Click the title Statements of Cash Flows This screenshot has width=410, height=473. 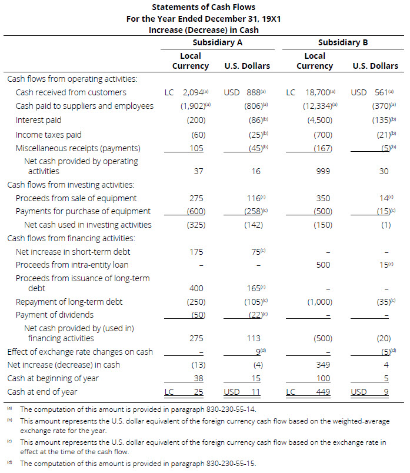[204, 7]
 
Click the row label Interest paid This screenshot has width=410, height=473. [38, 120]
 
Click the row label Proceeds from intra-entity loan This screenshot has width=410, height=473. [72, 265]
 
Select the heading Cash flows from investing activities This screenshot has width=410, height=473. [71, 185]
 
